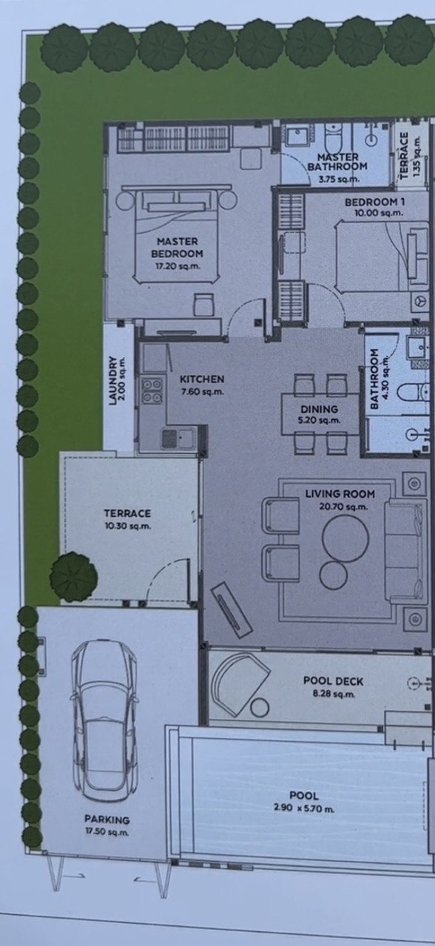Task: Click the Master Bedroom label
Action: coord(177,248)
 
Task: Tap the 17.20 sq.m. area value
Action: coord(178,266)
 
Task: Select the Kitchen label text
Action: coord(202,379)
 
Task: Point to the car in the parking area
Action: coord(104,720)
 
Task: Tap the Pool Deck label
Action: coord(333,680)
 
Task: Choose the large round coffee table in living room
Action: coord(345,538)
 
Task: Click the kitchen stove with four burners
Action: coord(152,391)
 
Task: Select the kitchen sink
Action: coord(178,438)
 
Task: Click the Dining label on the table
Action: coord(320,409)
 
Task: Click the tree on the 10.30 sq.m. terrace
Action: coord(73,576)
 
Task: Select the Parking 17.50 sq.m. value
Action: coord(107,832)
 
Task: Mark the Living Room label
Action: coord(340,493)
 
